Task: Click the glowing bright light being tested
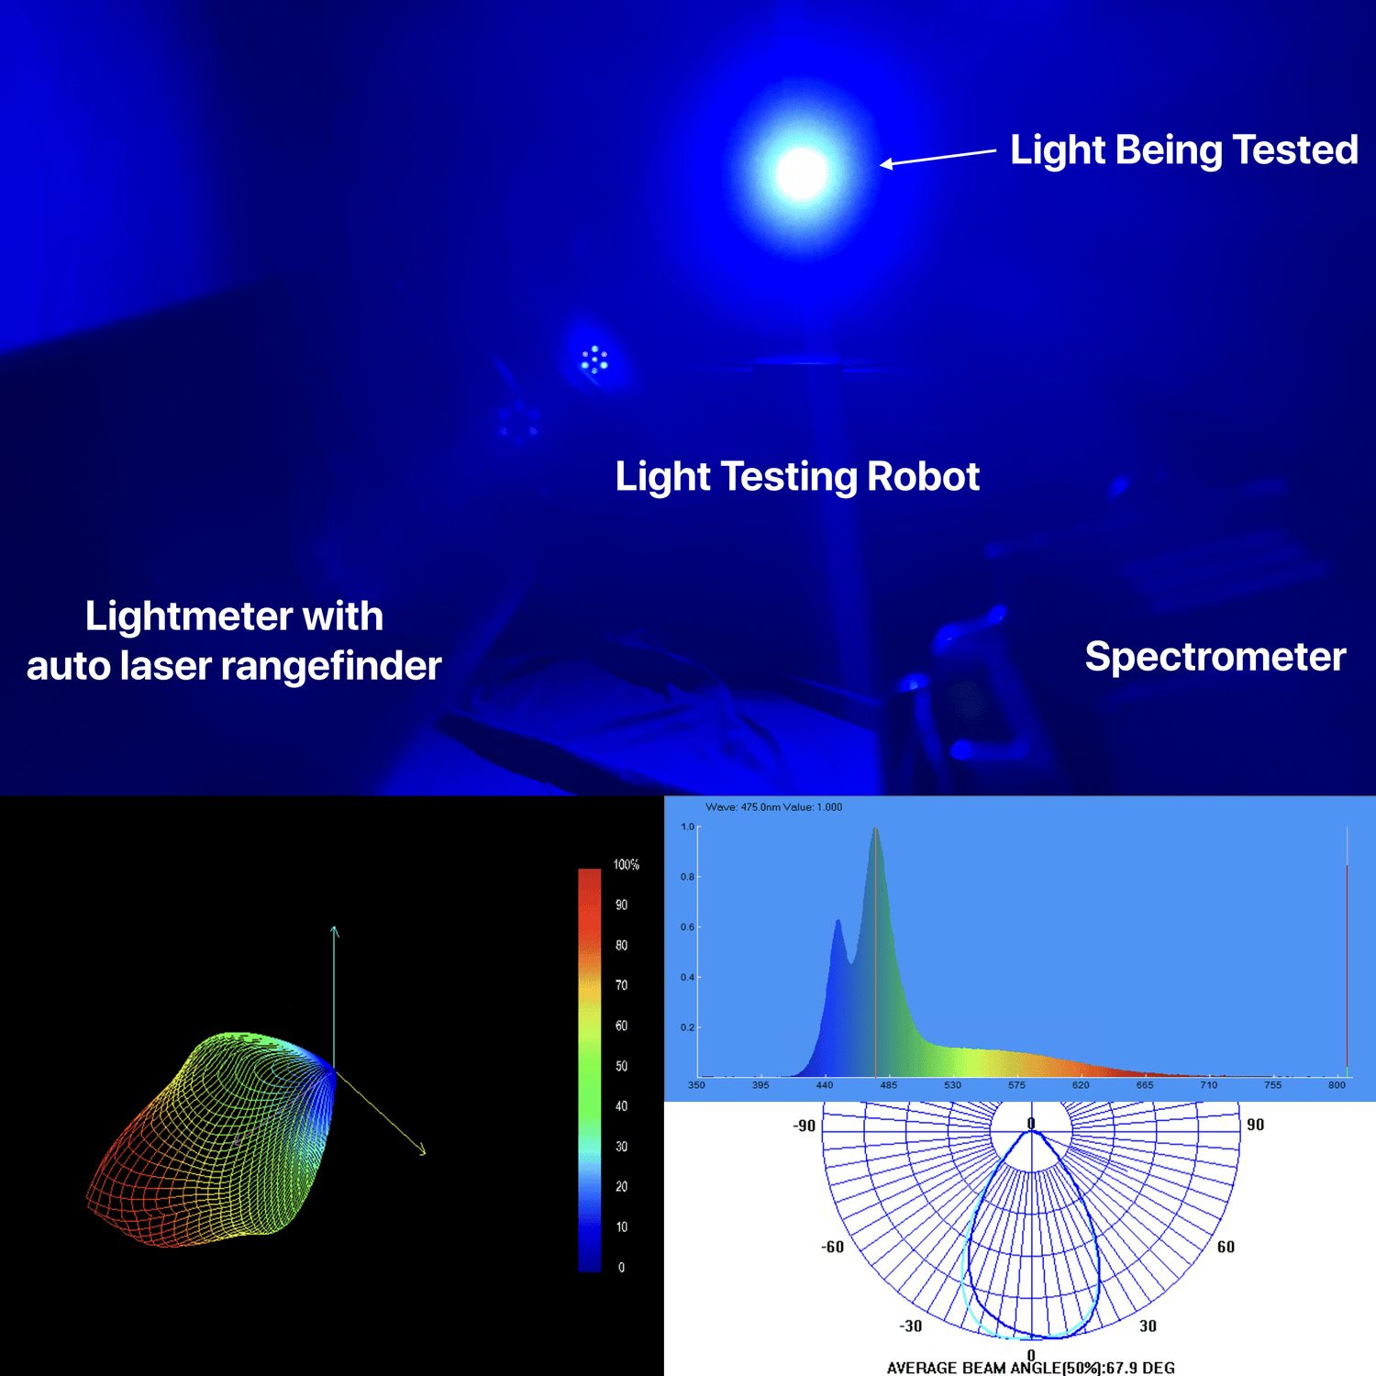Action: pos(801,172)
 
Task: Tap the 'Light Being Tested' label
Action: pos(1183,150)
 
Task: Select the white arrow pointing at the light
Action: pos(938,157)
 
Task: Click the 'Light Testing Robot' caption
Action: pos(797,476)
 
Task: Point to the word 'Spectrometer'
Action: pos(1215,657)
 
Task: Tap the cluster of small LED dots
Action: pos(594,360)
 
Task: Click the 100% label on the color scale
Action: pos(626,865)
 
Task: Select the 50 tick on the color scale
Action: pos(621,1066)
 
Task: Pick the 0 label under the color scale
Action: pos(621,1268)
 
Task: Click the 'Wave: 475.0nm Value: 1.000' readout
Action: pos(773,807)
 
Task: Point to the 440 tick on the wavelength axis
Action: pos(825,1085)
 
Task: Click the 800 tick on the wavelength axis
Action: pos(1337,1085)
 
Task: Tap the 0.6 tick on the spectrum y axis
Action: pos(687,927)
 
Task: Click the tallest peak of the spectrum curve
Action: pos(875,828)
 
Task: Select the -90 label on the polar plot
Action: pos(804,1126)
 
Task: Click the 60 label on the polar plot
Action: pos(1226,1247)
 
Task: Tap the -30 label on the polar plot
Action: pos(910,1326)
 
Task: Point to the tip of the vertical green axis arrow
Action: pos(334,927)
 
